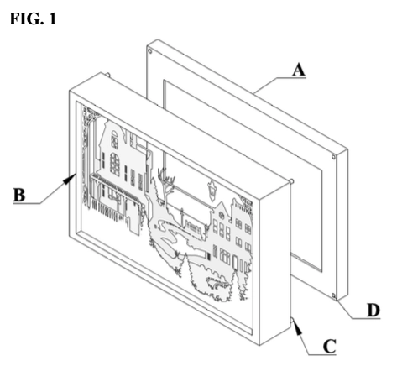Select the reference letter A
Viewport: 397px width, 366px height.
tap(297, 72)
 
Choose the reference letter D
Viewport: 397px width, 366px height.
tap(372, 313)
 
